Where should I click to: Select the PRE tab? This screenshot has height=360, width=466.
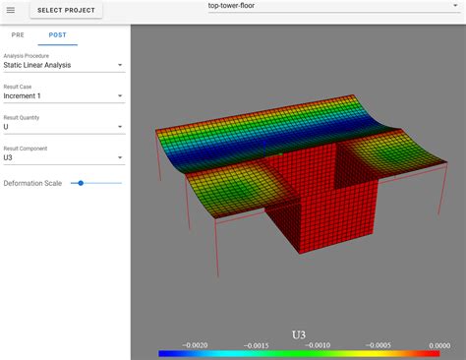18,34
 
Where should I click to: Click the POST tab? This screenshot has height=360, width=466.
57,34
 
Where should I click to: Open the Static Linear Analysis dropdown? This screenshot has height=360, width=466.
63,66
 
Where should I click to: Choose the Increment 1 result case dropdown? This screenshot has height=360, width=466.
63,96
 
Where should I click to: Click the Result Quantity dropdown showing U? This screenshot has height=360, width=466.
63,127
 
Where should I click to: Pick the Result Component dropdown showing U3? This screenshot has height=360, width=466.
63,157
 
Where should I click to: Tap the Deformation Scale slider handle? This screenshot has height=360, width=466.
81,183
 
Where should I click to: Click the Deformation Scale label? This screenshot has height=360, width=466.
33,184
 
